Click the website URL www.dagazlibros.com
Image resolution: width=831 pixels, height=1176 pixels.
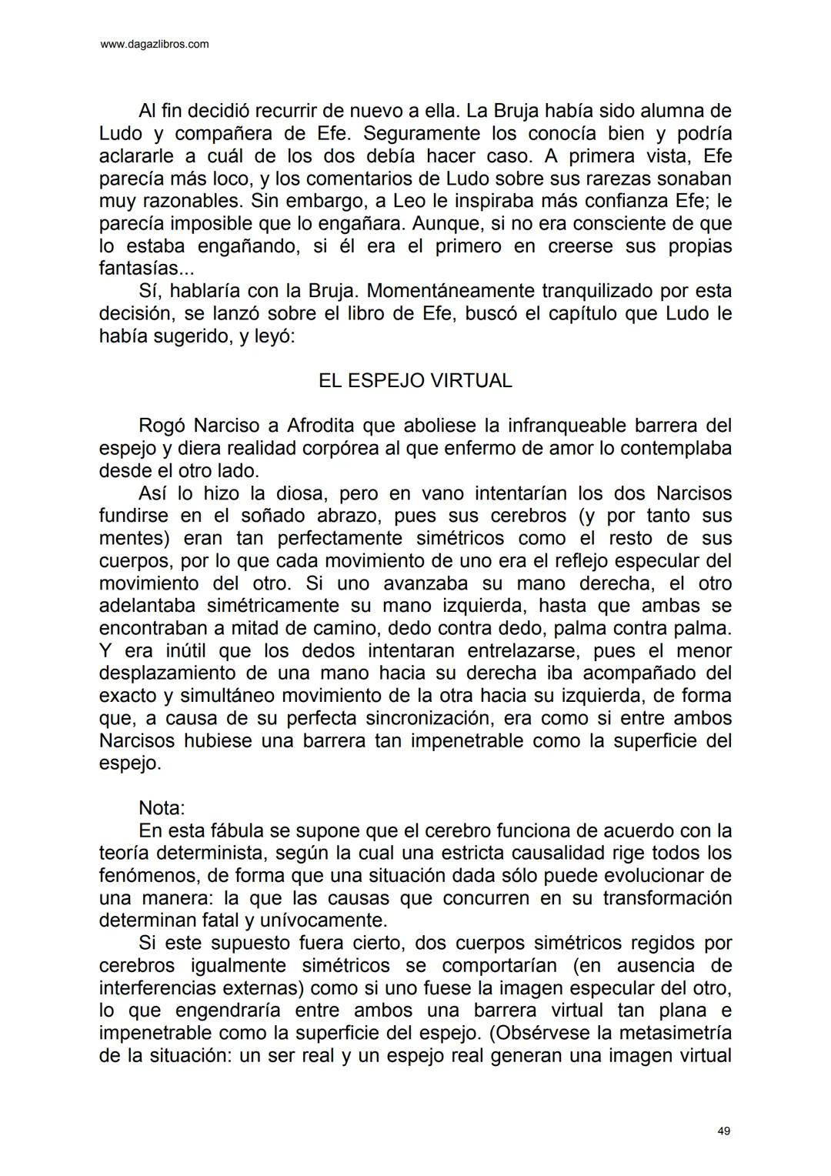[155, 45]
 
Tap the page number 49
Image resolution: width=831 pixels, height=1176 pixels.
[723, 1131]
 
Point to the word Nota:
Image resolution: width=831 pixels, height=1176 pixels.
[162, 808]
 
